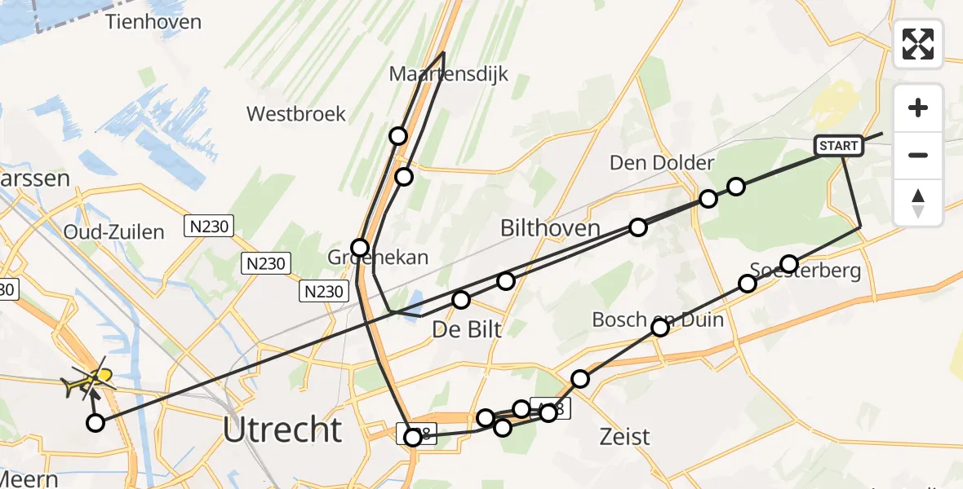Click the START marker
[x=839, y=146]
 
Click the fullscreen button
[x=918, y=44]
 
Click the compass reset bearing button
[x=918, y=202]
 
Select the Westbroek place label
[x=296, y=114]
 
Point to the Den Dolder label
[x=662, y=163]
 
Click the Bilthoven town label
[x=550, y=228]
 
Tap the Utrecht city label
[x=282, y=430]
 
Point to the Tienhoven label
[x=153, y=22]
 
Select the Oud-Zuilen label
[x=114, y=232]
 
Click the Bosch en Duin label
[x=658, y=319]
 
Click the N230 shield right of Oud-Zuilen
[x=210, y=226]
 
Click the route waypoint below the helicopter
[x=95, y=422]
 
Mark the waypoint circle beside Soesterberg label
[x=788, y=263]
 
